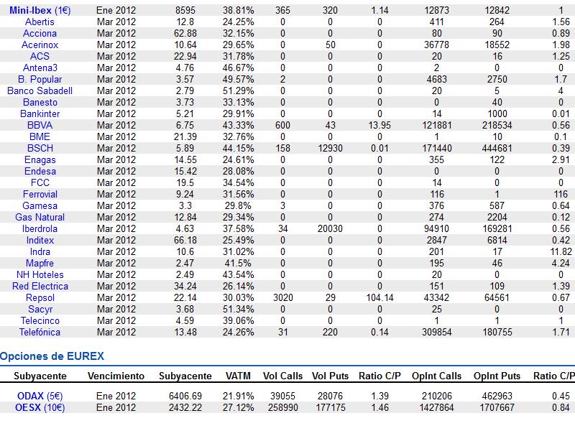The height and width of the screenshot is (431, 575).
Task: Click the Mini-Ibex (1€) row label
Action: pyautogui.click(x=40, y=10)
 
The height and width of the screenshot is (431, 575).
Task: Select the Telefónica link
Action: pyautogui.click(x=40, y=332)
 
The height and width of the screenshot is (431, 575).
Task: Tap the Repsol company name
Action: pyautogui.click(x=40, y=297)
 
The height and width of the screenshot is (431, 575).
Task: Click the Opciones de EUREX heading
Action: pyautogui.click(x=52, y=356)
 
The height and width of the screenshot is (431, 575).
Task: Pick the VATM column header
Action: pyautogui.click(x=239, y=376)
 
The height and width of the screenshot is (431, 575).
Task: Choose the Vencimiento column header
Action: pyautogui.click(x=116, y=376)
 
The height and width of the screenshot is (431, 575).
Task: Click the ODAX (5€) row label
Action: pyautogui.click(x=40, y=396)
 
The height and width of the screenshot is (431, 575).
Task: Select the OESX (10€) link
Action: pyautogui.click(x=40, y=407)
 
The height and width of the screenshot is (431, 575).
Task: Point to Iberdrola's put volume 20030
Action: pyautogui.click(x=331, y=228)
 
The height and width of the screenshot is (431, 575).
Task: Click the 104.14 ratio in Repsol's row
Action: pyautogui.click(x=379, y=297)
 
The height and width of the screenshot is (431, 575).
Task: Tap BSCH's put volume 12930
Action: pyautogui.click(x=331, y=148)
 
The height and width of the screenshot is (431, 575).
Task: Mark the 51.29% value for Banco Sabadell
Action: pyautogui.click(x=239, y=91)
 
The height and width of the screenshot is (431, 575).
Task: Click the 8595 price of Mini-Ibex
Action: pyautogui.click(x=185, y=10)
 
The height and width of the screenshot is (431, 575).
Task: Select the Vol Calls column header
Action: pyautogui.click(x=282, y=376)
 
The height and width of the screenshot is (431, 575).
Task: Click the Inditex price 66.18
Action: pyautogui.click(x=185, y=240)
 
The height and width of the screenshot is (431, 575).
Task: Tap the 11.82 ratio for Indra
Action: pyautogui.click(x=561, y=251)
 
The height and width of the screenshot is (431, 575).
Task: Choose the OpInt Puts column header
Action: pyautogui.click(x=497, y=376)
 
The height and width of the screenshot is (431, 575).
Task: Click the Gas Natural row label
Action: pyautogui.click(x=40, y=217)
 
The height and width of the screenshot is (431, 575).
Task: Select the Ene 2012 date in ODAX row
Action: pyautogui.click(x=116, y=396)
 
